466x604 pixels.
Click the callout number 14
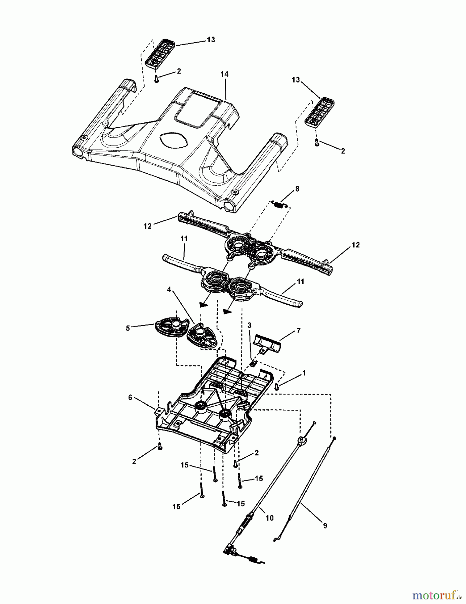pyautogui.click(x=224, y=74)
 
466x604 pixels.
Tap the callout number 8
pyautogui.click(x=297, y=189)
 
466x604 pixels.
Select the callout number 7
pyautogui.click(x=298, y=331)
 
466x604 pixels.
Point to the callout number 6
pyautogui.click(x=130, y=397)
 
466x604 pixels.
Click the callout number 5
pyautogui.click(x=127, y=328)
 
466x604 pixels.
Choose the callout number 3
pyautogui.click(x=249, y=325)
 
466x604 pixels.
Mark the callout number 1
pyautogui.click(x=304, y=373)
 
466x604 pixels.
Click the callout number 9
pyautogui.click(x=325, y=526)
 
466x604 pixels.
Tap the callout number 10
pyautogui.click(x=269, y=518)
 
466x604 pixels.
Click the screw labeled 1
pyautogui.click(x=276, y=387)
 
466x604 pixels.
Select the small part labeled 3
pyautogui.click(x=254, y=364)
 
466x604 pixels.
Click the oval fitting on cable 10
pyautogui.click(x=302, y=440)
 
